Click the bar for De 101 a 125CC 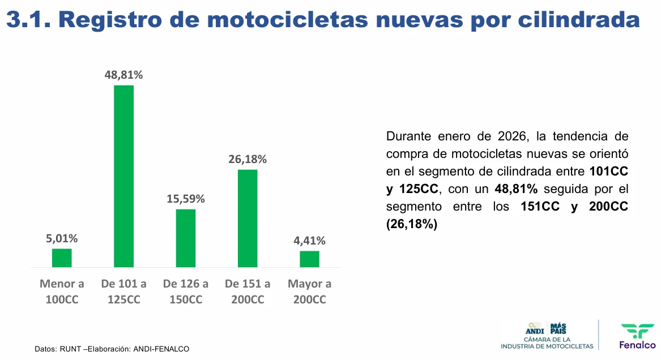coord(123,176)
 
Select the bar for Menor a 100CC coord(62,258)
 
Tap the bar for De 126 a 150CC coord(186,238)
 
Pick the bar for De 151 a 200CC coord(248,218)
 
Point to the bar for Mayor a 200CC coord(309,259)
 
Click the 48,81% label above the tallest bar coord(123,75)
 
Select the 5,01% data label coord(62,238)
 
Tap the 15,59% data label coord(186,199)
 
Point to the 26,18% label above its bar coord(248,159)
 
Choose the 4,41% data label coord(309,241)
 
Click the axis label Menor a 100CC coord(62,292)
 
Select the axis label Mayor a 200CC coord(309,292)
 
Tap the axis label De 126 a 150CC coord(186,292)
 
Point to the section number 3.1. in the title coord(28,20)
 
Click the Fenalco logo coord(637,336)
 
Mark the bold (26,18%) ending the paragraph coord(412,225)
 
